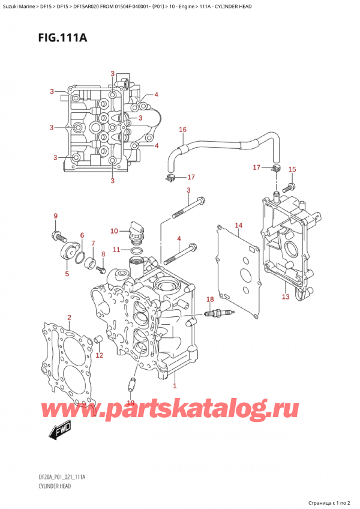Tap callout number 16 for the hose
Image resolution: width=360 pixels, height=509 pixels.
[183, 129]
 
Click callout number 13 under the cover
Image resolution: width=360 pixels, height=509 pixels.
[286, 297]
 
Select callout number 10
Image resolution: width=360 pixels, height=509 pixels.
[114, 231]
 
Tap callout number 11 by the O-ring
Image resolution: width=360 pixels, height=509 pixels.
[117, 250]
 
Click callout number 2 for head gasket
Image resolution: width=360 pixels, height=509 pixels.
[69, 318]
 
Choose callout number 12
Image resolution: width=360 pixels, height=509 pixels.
[100, 355]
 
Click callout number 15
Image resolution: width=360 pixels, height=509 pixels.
[292, 169]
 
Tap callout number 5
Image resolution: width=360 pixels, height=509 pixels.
[67, 274]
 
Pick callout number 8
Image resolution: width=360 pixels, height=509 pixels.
[103, 254]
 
